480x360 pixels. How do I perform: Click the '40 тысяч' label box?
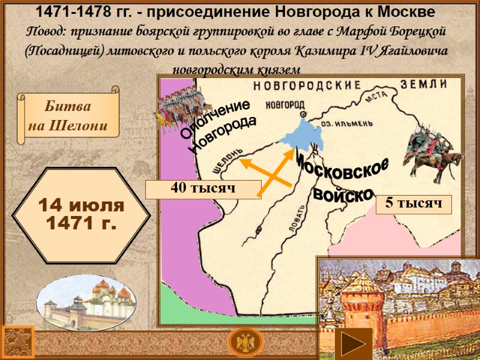(x=203, y=188)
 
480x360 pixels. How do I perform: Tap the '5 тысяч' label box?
(x=413, y=204)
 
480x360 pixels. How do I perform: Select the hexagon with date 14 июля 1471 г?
(x=81, y=215)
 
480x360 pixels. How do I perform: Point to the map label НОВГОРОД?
(x=284, y=103)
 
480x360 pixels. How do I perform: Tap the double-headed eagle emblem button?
(x=245, y=344)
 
